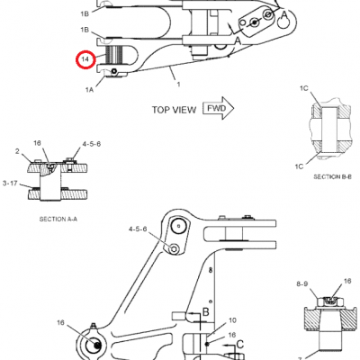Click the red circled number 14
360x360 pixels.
tap(85, 59)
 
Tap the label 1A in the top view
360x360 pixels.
tap(89, 89)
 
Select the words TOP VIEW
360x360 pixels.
tap(174, 110)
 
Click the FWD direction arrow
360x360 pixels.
tap(219, 108)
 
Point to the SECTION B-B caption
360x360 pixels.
tap(332, 177)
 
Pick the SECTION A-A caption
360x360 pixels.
tap(58, 220)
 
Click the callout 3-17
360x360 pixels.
tap(10, 183)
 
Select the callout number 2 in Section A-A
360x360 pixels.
tap(17, 151)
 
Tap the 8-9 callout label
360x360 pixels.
tap(302, 283)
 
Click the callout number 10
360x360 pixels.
tap(232, 320)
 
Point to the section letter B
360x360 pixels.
tap(206, 312)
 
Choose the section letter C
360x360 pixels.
tap(240, 345)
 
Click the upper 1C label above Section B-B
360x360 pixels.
tap(304, 88)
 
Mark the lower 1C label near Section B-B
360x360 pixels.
tap(299, 166)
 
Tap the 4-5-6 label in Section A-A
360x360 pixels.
tap(92, 144)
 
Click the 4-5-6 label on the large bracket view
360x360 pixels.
tap(138, 229)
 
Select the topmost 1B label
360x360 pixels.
tap(85, 13)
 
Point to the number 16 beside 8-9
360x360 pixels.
tap(347, 281)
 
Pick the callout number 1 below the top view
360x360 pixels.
tap(178, 85)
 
